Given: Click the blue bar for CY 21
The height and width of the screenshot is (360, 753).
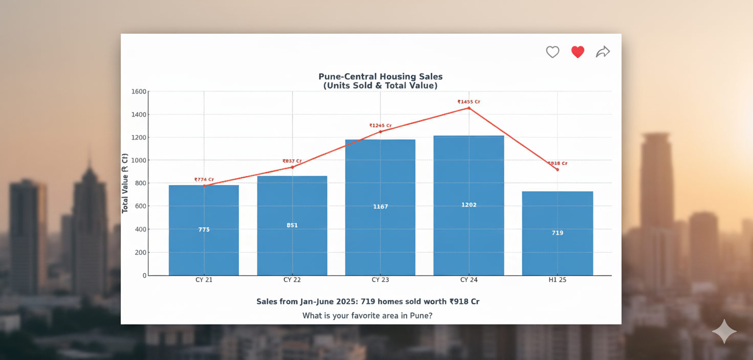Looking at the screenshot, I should tap(204, 230).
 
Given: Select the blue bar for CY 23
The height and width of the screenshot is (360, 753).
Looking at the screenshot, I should tap(380, 207).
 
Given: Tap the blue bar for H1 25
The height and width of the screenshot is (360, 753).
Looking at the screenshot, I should tap(557, 233).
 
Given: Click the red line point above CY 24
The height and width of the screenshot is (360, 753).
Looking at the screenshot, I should tap(469, 108).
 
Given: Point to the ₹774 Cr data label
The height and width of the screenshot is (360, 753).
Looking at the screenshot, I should tap(204, 179).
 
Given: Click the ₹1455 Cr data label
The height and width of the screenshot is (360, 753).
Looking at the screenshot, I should tap(469, 102).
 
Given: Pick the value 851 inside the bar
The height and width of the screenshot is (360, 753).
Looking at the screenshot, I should tap(292, 225).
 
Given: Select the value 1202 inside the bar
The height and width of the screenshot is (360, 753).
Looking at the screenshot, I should tap(469, 205).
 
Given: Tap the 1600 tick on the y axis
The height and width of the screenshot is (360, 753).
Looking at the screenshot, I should tap(139, 92).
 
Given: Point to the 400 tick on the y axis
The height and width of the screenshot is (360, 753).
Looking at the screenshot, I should tap(140, 229).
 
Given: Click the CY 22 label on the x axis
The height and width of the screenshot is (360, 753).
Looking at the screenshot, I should tap(292, 280).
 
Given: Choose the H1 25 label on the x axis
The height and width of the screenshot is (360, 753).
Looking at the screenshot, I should tap(557, 280).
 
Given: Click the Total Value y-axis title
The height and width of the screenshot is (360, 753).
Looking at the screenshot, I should tap(125, 183).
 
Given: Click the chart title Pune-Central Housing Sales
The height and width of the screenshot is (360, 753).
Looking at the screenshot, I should tap(380, 77).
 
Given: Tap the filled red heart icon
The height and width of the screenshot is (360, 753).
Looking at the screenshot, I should tap(578, 52).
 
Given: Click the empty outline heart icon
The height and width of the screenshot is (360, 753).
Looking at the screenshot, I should tap(552, 52).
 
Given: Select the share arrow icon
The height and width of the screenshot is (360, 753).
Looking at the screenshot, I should tap(603, 52).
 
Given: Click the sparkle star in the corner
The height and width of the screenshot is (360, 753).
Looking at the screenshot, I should tap(724, 332).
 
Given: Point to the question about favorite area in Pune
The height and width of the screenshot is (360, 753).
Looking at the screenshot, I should tap(367, 316).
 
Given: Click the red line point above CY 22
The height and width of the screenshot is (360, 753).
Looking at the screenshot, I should tap(292, 167).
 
